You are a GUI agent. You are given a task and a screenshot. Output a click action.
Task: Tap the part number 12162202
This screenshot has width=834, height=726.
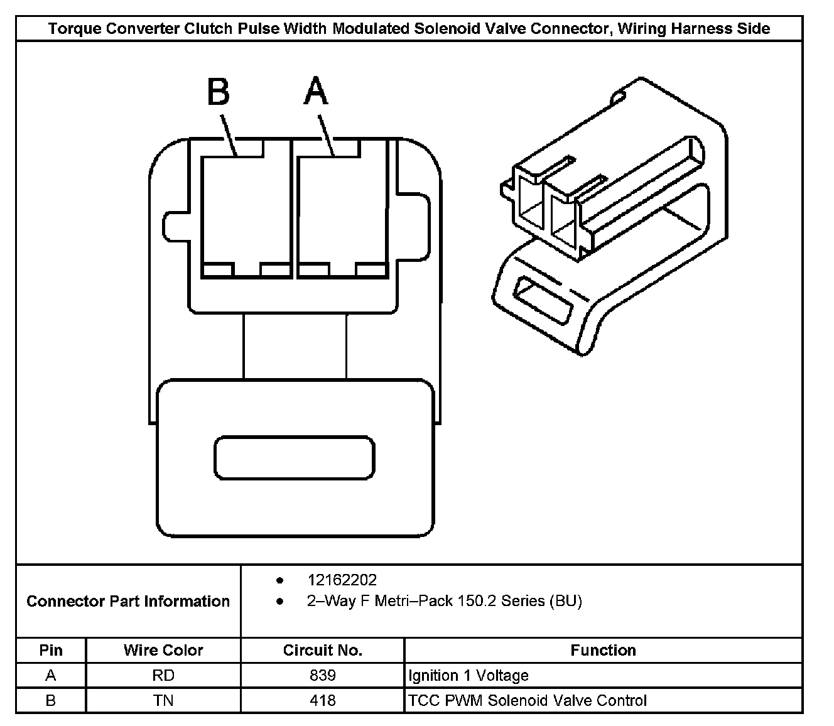point(342,580)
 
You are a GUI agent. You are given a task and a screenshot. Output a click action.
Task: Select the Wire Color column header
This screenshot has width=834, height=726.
point(163,650)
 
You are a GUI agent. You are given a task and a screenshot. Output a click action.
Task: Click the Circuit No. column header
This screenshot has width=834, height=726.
point(322,650)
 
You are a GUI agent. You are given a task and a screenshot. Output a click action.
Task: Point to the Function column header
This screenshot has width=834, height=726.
point(603,650)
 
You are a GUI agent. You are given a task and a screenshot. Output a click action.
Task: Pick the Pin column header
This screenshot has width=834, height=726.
point(51,650)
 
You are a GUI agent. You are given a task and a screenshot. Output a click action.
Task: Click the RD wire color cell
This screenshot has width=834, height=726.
point(163,675)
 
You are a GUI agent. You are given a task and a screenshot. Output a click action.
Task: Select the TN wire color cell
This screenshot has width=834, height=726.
point(163,700)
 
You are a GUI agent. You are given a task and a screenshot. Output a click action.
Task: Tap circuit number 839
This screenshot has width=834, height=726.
point(322,675)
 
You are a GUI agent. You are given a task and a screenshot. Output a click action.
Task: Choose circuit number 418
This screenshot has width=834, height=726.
point(322,700)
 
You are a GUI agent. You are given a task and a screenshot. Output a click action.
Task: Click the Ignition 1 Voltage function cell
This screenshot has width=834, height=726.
point(468,675)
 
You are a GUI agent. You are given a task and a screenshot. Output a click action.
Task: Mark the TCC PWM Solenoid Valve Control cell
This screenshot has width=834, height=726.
point(527,700)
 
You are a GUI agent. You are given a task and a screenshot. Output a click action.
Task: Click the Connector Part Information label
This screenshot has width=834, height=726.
point(128,601)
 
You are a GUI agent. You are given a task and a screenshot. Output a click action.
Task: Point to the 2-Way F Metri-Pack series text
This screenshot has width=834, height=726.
point(444,601)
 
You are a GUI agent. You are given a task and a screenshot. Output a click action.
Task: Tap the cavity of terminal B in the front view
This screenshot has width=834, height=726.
point(246,210)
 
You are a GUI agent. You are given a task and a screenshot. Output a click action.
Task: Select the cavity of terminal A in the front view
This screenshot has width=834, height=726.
point(342,210)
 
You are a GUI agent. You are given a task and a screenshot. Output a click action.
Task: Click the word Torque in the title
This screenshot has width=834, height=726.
point(71,28)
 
